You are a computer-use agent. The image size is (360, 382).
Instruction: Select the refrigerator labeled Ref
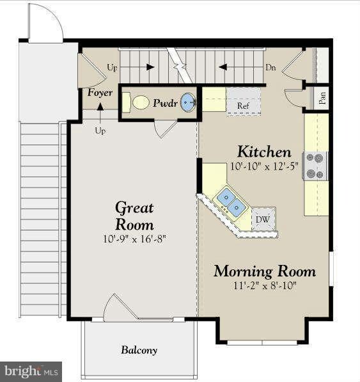coord(244,102)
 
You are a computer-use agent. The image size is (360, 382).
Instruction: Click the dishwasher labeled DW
coord(263,219)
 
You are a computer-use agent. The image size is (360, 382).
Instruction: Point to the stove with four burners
coord(315,166)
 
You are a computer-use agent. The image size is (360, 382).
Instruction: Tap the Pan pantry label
coord(322,98)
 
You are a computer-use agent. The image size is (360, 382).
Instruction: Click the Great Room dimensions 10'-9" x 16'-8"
coord(134,239)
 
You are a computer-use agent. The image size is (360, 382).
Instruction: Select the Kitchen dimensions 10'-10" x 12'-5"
coord(264,166)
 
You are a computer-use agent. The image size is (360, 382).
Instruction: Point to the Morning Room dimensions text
coord(265,285)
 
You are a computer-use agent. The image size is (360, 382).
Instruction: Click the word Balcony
coord(139,350)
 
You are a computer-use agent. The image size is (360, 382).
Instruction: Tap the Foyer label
coord(100,93)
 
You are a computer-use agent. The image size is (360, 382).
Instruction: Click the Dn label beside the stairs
coord(270,67)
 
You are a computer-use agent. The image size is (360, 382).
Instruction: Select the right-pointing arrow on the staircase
coord(150,67)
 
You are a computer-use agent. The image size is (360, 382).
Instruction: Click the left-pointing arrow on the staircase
coord(223,67)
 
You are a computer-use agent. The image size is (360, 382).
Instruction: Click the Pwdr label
coord(165,103)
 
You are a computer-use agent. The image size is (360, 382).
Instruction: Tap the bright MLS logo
coord(31,372)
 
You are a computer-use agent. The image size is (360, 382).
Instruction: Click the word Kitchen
coord(264,152)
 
